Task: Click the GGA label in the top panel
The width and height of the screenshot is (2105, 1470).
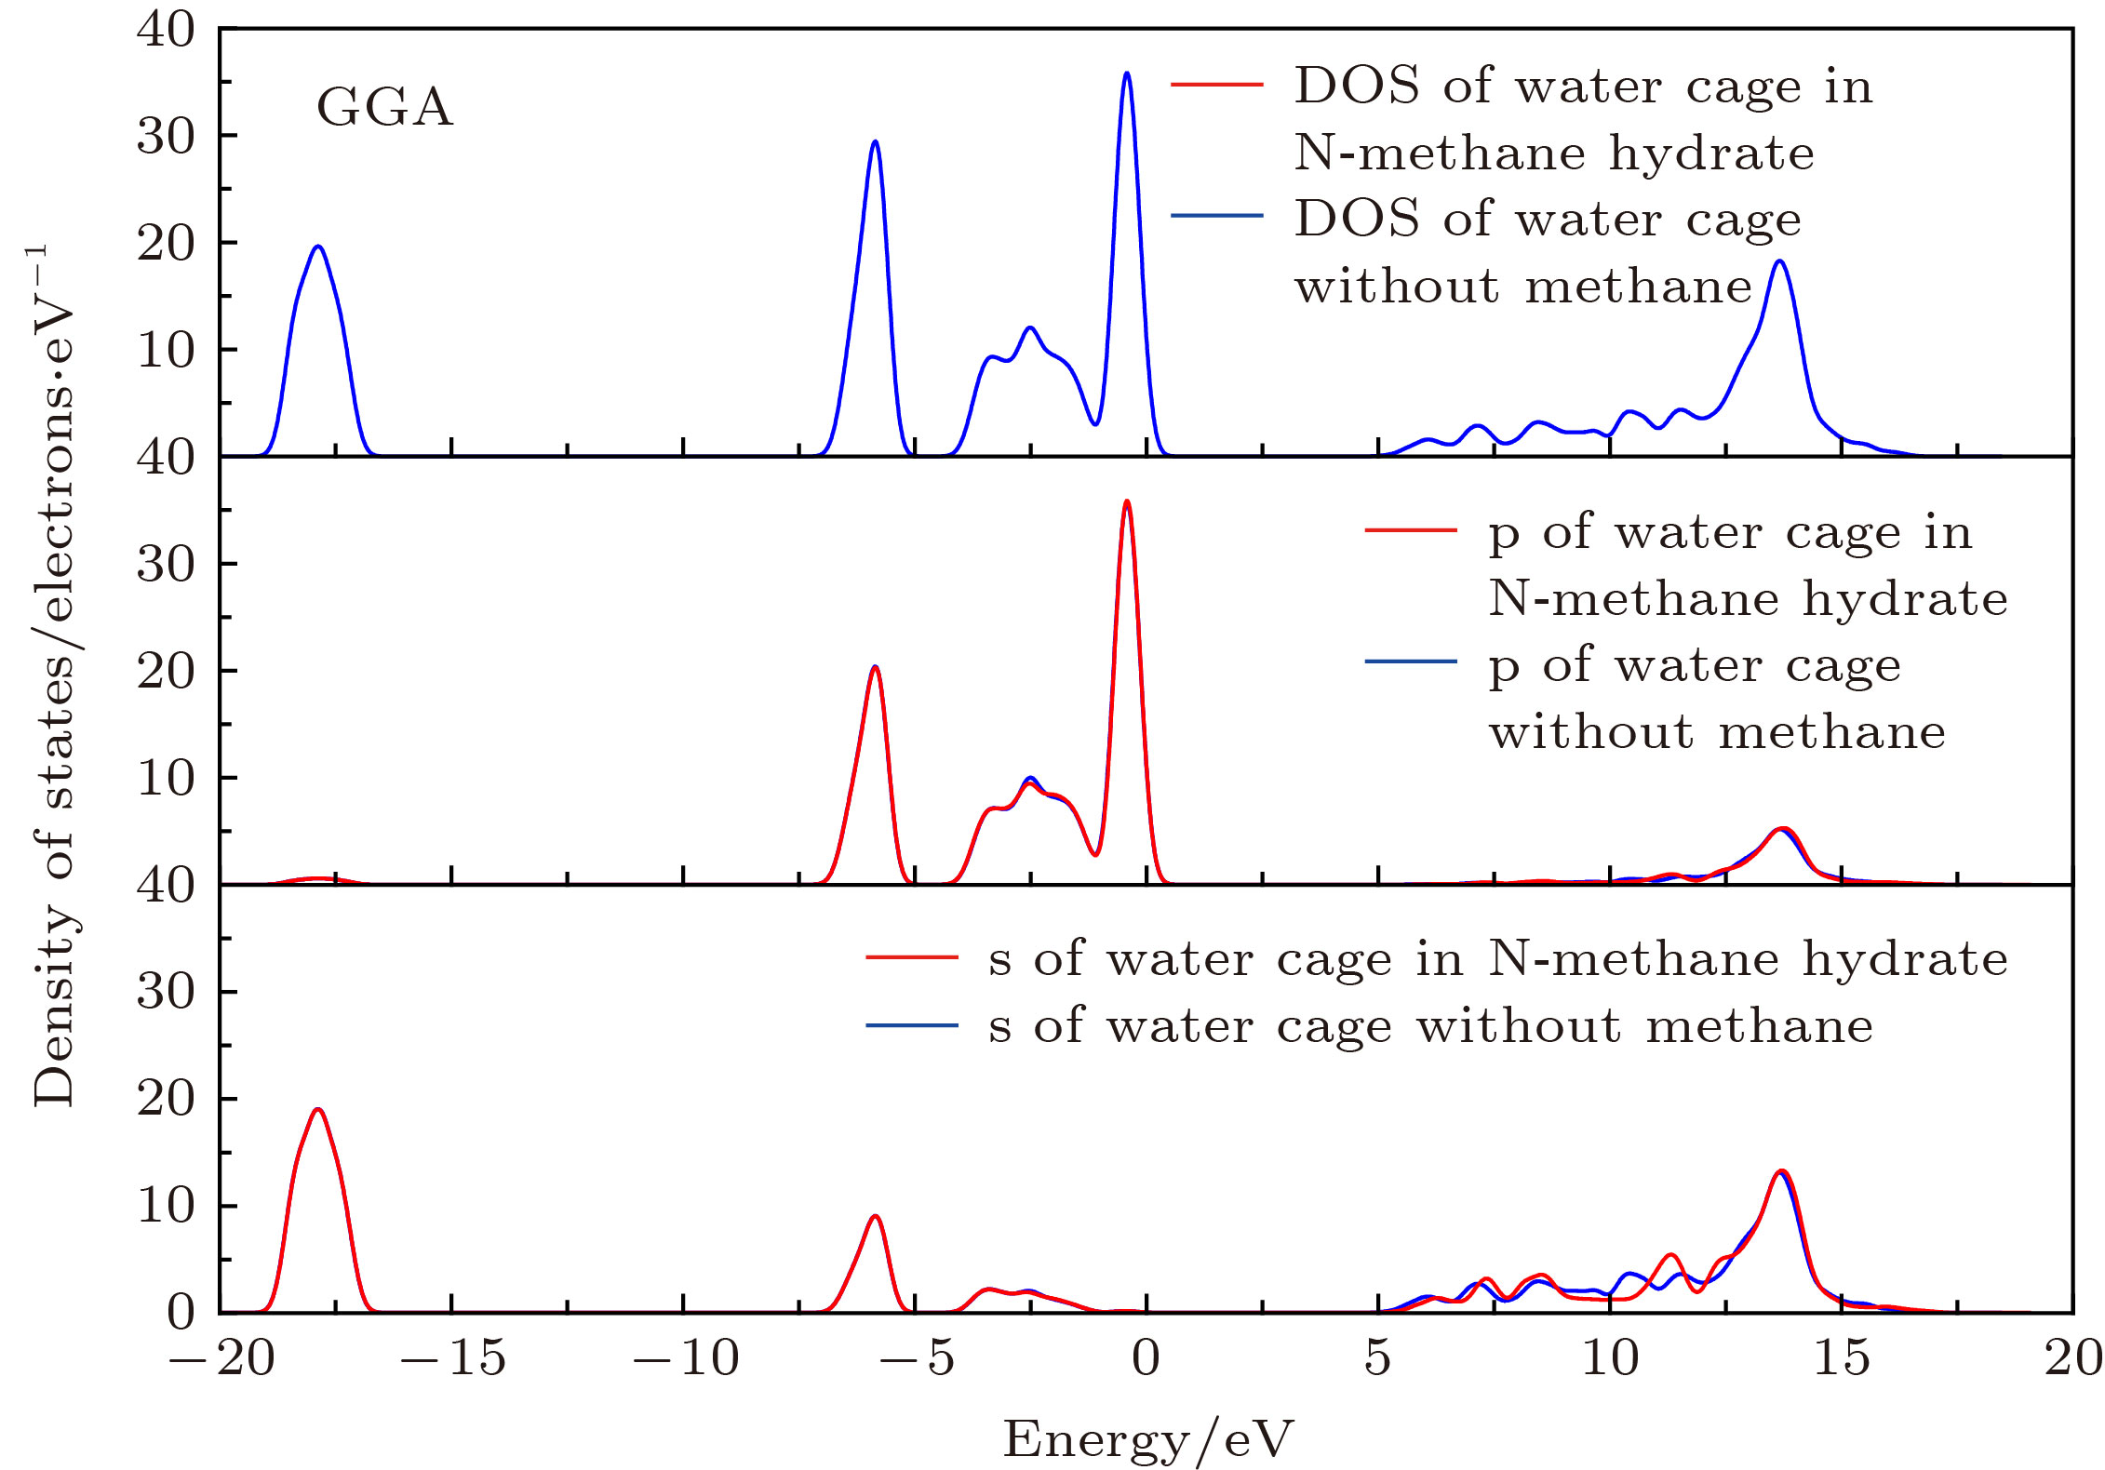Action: point(384,107)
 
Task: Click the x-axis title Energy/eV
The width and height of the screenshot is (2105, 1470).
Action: point(1147,1439)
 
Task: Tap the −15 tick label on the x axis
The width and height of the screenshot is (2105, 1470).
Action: point(452,1358)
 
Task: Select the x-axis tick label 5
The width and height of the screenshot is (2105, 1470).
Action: point(1377,1358)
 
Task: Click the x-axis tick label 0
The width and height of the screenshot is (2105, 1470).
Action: point(1146,1358)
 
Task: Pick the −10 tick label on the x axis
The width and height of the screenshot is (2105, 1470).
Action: point(685,1358)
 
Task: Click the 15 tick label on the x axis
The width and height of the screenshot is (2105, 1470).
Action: point(1841,1358)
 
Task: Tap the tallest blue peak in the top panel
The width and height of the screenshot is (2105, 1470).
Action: point(1127,73)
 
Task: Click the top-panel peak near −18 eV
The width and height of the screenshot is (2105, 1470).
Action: point(318,247)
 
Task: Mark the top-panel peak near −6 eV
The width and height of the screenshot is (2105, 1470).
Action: point(875,141)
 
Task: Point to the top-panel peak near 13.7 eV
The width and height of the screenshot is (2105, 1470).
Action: point(1780,261)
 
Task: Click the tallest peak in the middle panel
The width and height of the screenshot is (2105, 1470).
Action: point(1127,502)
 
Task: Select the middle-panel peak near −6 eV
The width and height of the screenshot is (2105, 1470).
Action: point(875,667)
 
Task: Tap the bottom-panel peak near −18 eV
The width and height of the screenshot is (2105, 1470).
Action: point(318,1109)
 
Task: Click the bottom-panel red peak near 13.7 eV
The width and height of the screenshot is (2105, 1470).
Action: point(1781,1171)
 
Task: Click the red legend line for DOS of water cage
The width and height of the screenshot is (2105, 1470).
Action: point(1216,85)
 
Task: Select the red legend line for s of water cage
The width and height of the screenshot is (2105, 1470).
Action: point(911,957)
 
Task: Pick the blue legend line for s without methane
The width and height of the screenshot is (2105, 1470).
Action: point(911,1026)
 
